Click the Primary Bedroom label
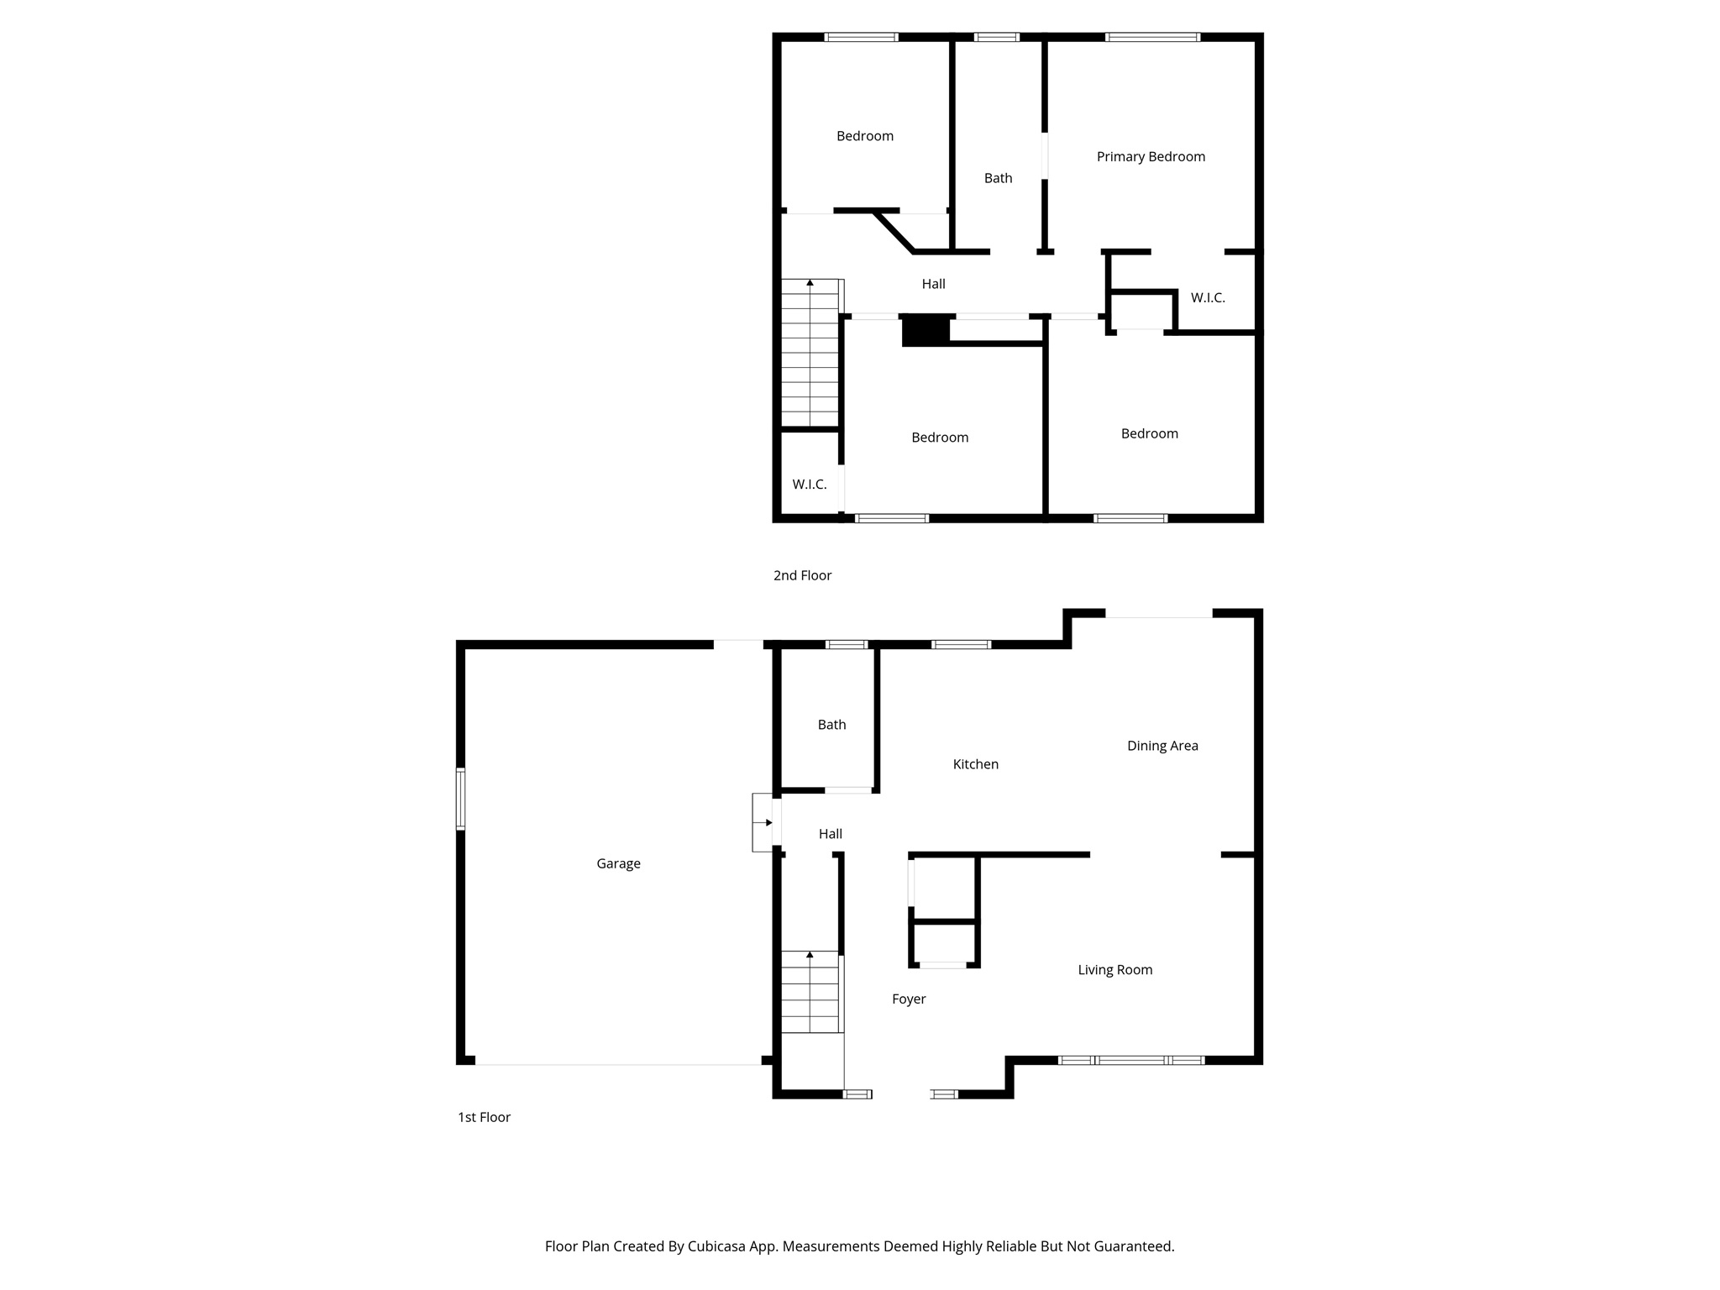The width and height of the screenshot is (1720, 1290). pyautogui.click(x=1151, y=156)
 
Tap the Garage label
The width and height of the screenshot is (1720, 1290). pyautogui.click(x=618, y=863)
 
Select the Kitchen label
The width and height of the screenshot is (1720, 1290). pyautogui.click(x=975, y=764)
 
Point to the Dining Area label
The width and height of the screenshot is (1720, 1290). pyautogui.click(x=1162, y=746)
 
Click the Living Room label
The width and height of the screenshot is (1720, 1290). pyautogui.click(x=1114, y=970)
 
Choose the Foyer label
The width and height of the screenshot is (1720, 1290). pyautogui.click(x=909, y=999)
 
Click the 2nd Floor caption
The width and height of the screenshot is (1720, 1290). pyautogui.click(x=802, y=575)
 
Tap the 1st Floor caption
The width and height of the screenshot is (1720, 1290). pyautogui.click(x=484, y=1117)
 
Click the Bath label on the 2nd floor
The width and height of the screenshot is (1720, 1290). pyautogui.click(x=998, y=178)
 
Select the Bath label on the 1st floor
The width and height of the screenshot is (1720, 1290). pyautogui.click(x=831, y=725)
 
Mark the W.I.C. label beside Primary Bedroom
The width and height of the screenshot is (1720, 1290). pyautogui.click(x=1208, y=297)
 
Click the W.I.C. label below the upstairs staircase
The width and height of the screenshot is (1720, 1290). pyautogui.click(x=810, y=485)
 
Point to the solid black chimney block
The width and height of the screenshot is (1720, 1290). pyautogui.click(x=926, y=330)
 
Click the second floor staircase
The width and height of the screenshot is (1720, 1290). pyautogui.click(x=810, y=353)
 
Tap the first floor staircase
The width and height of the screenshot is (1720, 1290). pyautogui.click(x=810, y=991)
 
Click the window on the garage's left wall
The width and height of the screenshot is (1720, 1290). pyautogui.click(x=460, y=799)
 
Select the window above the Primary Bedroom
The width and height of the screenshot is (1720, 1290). pyautogui.click(x=1152, y=37)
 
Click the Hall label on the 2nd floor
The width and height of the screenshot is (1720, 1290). pyautogui.click(x=933, y=284)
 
